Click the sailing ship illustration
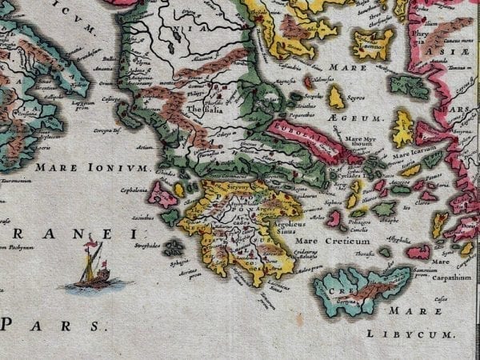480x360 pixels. point(91,269)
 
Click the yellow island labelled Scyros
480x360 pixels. point(336,98)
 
